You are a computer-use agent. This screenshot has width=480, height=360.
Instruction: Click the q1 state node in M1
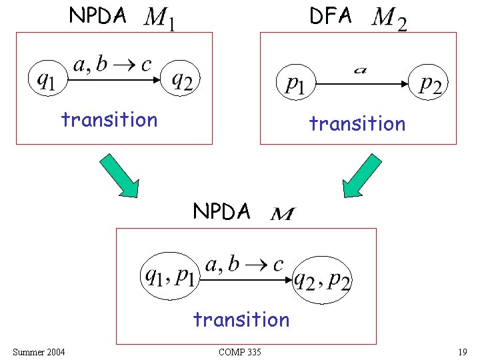point(46,79)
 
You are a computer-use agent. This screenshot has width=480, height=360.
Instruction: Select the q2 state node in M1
point(182,81)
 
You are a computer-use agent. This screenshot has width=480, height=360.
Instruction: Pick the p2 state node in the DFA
point(431,83)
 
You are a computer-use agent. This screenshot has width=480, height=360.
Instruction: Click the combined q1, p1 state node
point(169,275)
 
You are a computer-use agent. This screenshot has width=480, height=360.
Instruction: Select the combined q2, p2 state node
point(323,279)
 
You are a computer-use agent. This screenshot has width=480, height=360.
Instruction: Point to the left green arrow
point(120,175)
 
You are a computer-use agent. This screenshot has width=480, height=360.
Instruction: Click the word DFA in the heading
point(331,16)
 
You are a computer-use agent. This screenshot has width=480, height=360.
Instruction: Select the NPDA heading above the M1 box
point(98,16)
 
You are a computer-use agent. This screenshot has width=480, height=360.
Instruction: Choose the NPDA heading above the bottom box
point(221,211)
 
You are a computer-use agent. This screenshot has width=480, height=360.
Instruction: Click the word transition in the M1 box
point(109,120)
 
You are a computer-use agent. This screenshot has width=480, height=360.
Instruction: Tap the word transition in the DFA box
point(357,124)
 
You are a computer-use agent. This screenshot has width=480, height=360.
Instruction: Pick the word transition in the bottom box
point(241,320)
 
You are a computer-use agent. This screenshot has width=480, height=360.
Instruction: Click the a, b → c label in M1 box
point(112,65)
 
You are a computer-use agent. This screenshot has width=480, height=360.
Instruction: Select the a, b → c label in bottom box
point(244,265)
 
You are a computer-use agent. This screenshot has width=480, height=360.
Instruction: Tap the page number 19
point(463,352)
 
